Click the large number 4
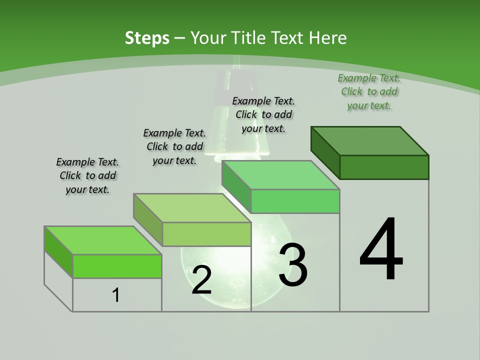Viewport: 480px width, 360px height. coord(381,250)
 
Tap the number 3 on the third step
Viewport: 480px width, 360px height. coord(293,265)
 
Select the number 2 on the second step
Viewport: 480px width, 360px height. coord(202,280)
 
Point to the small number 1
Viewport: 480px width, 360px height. coord(116,295)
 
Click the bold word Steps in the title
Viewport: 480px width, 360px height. coord(147,38)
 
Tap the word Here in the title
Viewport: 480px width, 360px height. coord(328,38)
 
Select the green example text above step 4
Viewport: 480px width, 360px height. coord(369,91)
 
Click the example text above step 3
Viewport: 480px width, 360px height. coord(264,114)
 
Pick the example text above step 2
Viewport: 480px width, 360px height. coord(174,146)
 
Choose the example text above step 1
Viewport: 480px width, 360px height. coord(87,175)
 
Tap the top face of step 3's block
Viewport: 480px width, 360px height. coord(281,175)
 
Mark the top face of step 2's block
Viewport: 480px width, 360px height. coord(192,208)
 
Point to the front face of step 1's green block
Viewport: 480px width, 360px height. coord(117,266)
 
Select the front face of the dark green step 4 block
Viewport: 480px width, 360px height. coord(384,167)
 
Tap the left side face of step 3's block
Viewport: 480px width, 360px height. coord(236,188)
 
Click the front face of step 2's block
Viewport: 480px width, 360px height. coord(206,234)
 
